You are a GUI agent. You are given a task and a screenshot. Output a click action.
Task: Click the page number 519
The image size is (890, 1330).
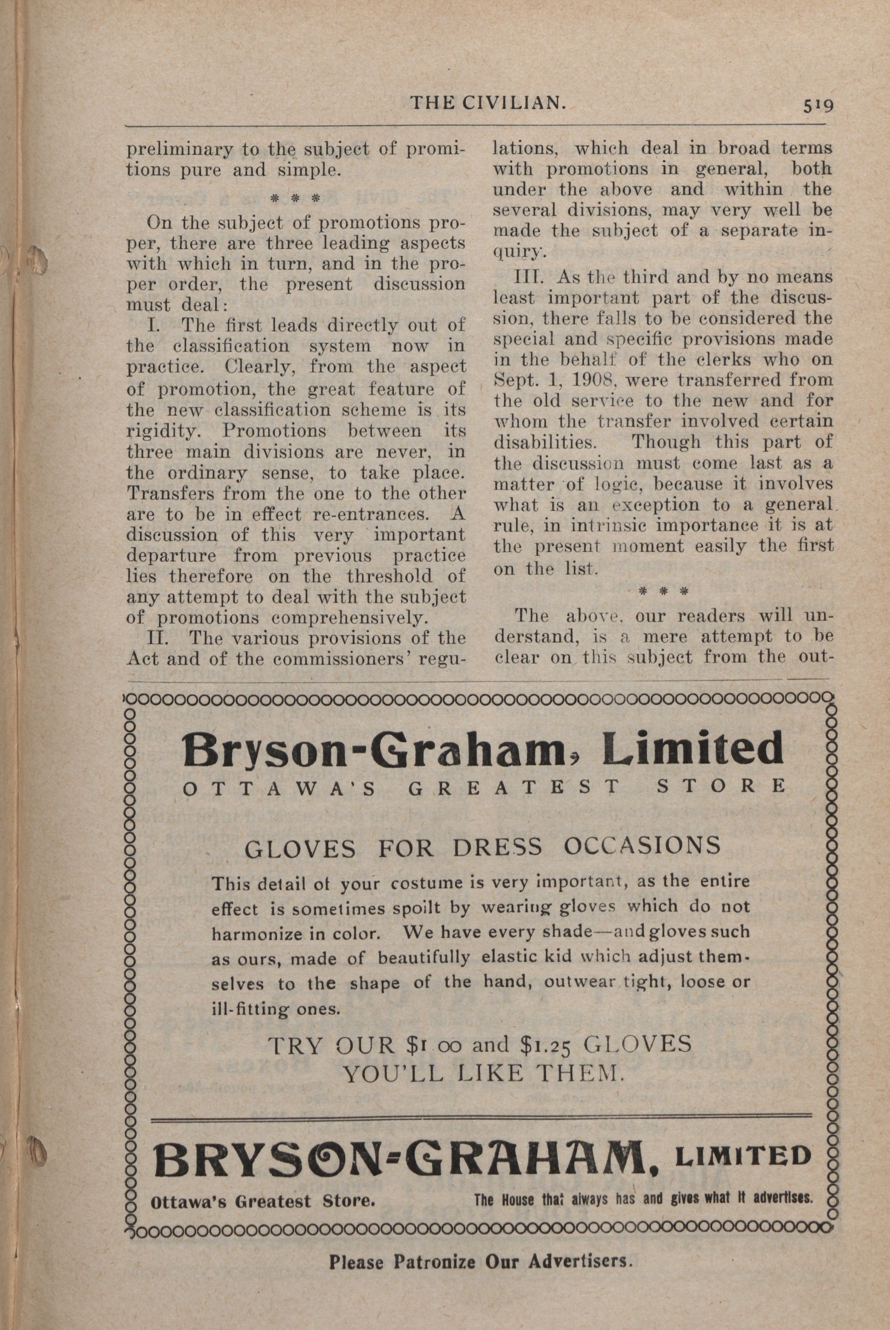[x=817, y=106]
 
